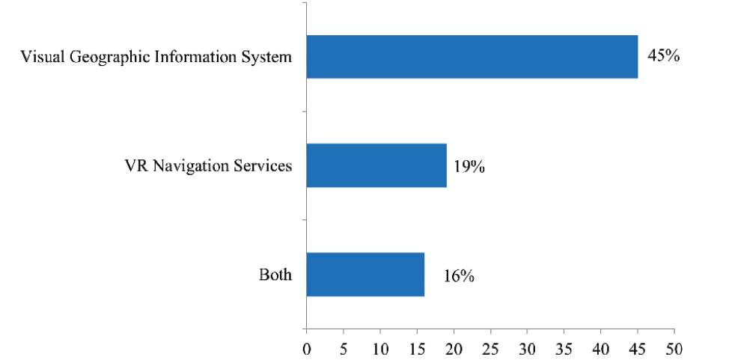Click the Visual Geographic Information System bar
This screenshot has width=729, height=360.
(472, 57)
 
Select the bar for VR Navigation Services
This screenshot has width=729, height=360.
(376, 165)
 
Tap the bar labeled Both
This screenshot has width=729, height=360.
(365, 274)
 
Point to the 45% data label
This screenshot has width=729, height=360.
(663, 56)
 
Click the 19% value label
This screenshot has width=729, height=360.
(469, 167)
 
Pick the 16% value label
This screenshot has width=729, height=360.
(458, 276)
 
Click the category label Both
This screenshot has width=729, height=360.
(275, 275)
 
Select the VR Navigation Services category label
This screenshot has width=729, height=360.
(208, 166)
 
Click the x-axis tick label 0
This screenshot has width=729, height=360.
(306, 348)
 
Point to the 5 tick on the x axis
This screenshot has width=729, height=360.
(343, 348)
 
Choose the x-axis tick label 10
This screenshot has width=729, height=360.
(379, 348)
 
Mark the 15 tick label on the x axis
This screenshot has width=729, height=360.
(417, 348)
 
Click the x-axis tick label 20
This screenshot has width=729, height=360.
(454, 348)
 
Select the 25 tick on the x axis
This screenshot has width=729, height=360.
(490, 348)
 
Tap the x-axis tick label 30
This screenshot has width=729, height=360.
(527, 348)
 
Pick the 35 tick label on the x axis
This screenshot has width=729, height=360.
(564, 348)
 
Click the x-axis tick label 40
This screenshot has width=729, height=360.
(601, 348)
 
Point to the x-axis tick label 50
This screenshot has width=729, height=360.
(674, 348)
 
